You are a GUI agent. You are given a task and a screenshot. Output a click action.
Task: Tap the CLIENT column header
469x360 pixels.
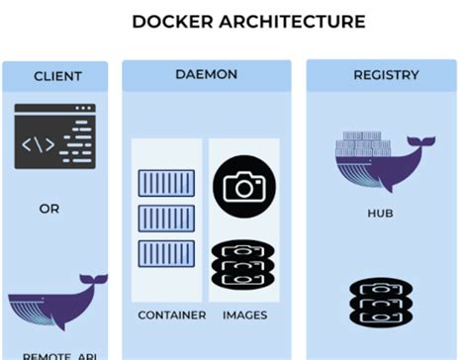[x=57, y=76]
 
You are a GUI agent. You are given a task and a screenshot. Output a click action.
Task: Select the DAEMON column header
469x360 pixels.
[x=206, y=75]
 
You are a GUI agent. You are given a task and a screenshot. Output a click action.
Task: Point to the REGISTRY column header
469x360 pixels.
[x=385, y=75]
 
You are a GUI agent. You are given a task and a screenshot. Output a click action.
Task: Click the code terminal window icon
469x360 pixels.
[x=55, y=137]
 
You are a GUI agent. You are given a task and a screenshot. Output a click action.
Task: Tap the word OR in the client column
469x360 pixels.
[x=49, y=209]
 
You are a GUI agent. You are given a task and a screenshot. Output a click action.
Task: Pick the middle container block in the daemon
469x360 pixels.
[x=165, y=218]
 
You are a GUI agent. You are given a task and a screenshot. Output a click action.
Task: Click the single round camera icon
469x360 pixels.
[x=243, y=185]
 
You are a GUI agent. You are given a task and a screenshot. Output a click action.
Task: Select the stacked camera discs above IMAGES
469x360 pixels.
[x=243, y=265]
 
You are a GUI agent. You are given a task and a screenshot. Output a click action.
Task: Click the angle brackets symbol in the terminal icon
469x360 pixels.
[x=39, y=144]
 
